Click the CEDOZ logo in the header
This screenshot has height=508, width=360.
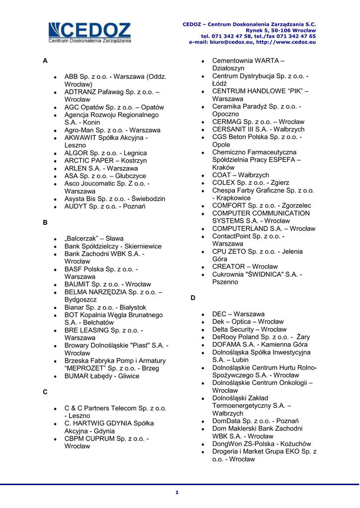pos(90,33)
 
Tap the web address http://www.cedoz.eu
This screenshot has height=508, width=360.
pos(289,42)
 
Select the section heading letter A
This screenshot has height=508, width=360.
pos(45,61)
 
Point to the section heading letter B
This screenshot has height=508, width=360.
pos(45,222)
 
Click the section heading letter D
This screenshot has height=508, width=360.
pos(193,298)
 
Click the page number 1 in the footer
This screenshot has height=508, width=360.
pos(176,492)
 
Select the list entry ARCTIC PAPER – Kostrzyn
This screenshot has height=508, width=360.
pos(105,161)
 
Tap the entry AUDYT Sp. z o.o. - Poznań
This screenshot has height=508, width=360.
pos(105,206)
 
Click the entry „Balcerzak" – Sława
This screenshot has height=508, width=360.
pos(94,239)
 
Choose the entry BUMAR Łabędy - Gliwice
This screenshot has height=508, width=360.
pos(102,376)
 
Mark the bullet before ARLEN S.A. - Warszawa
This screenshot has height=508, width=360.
pos(56,169)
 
